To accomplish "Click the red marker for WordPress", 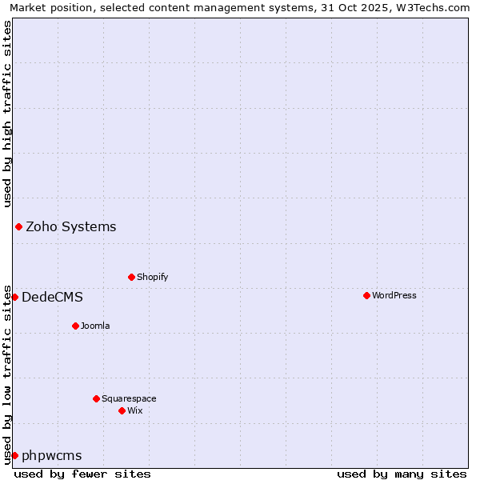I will pos(366,295).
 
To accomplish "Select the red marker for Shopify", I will pos(131,277).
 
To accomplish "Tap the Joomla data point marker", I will pos(75,326).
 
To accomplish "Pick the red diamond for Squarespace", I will pos(96,398).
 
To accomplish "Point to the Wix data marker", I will pos(122,410).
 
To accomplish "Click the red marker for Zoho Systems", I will pos(18,226).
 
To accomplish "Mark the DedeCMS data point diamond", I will pos(14,297).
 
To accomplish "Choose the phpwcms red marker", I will pos(14,455).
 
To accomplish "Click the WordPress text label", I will pos(394,295).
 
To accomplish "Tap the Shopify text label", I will pos(152,277).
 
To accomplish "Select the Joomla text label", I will pos(95,326).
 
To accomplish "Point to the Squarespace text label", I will pos(129,398).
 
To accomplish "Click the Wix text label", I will pos(134,410).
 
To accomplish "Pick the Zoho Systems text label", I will pos(71,226).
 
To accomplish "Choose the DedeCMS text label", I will pos(52,297).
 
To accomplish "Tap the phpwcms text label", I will pos(52,455).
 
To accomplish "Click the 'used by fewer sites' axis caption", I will pos(82,474).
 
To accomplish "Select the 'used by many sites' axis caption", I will pos(402,474).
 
